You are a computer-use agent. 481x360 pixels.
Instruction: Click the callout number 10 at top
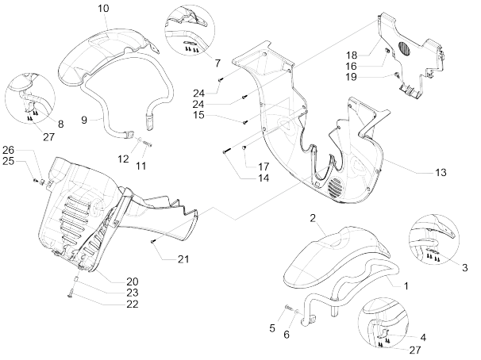point(103,8)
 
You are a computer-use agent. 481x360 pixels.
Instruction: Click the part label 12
point(124,159)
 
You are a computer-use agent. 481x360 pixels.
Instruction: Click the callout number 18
point(351,54)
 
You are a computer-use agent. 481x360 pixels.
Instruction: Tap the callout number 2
point(313,217)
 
